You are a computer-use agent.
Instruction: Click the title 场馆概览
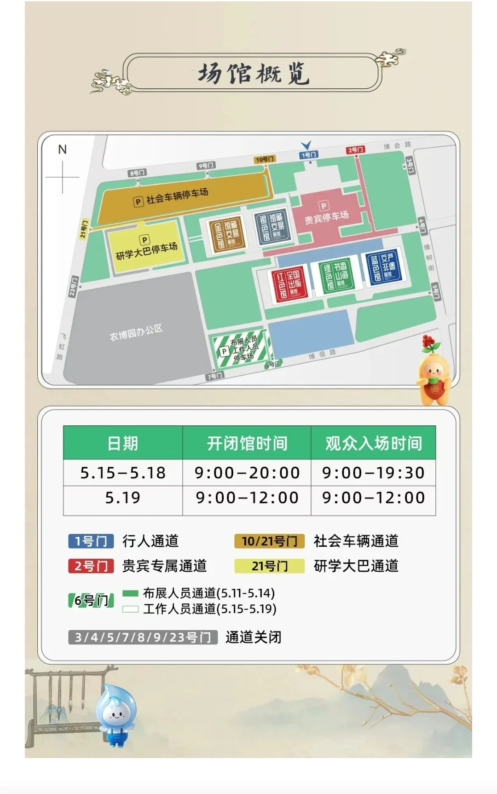[x=253, y=73]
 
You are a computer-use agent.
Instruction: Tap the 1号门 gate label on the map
[x=308, y=155]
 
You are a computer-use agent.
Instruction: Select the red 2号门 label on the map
[x=355, y=150]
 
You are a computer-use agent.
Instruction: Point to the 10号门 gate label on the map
[x=265, y=159]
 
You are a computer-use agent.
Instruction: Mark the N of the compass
[x=63, y=150]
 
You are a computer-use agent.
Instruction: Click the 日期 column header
[x=122, y=443]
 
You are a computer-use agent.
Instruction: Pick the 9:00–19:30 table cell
[x=373, y=473]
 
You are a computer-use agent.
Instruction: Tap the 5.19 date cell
[x=122, y=498]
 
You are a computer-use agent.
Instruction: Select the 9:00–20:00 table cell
[x=247, y=473]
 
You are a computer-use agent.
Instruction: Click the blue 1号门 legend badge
[x=91, y=541]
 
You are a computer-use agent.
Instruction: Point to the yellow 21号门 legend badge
[x=269, y=566]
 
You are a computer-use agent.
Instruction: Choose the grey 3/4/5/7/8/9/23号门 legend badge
[x=143, y=637]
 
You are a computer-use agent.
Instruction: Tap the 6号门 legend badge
[x=91, y=600]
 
